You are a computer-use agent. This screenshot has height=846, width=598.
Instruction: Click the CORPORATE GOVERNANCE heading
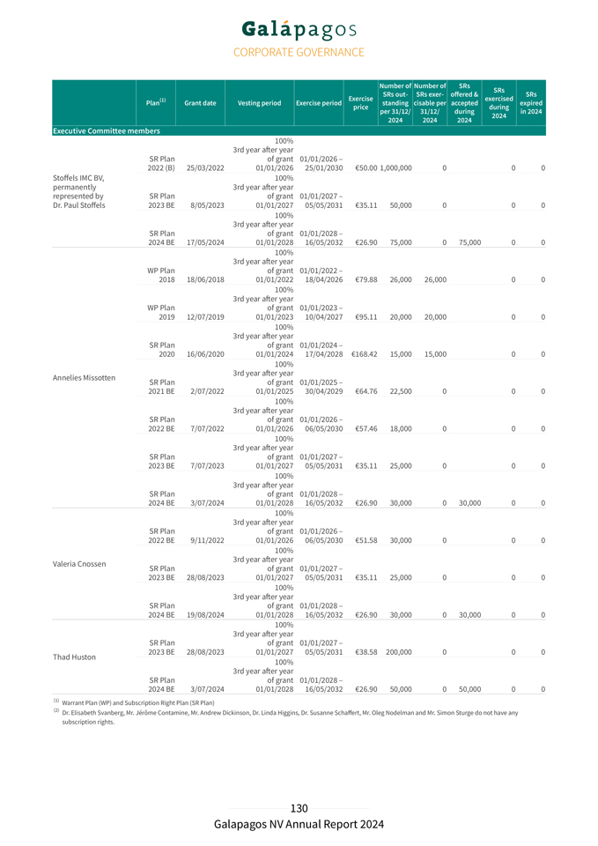[x=299, y=53]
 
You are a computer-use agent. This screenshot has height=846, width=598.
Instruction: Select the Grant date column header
[x=201, y=103]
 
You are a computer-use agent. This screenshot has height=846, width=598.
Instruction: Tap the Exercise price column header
[x=360, y=103]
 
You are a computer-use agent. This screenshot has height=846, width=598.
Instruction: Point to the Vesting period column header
[x=260, y=103]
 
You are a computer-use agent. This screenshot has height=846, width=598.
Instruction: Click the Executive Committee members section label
[x=107, y=131]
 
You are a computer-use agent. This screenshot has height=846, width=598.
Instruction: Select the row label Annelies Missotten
[x=84, y=377]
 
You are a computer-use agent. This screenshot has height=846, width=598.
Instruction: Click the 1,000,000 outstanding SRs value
[x=395, y=168]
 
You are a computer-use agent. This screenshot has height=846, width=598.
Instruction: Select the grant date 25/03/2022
[x=204, y=168]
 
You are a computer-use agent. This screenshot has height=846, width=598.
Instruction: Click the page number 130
[x=299, y=809]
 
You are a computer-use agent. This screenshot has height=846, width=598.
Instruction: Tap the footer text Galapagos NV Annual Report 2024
[x=299, y=825]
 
